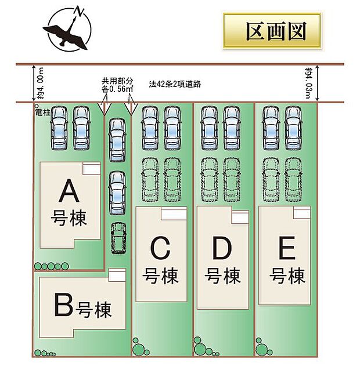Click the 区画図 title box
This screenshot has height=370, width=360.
(x=272, y=31)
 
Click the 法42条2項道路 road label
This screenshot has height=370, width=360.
(x=174, y=84)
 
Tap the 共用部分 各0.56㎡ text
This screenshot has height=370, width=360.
(x=117, y=85)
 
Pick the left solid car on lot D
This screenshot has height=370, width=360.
(x=210, y=128)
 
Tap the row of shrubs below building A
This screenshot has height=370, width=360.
(x=52, y=266)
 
